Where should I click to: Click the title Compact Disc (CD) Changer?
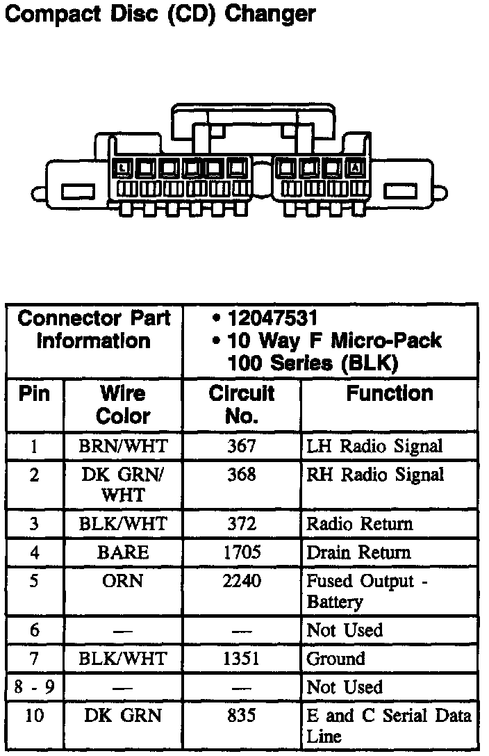point(160,13)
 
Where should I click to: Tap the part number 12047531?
point(272,319)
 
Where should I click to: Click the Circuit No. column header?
point(242,404)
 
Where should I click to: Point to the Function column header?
point(390,394)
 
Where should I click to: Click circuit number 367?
point(242,446)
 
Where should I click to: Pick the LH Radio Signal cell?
point(374,446)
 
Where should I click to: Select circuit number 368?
point(242,475)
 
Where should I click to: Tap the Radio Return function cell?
point(360,524)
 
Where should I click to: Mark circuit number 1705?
point(242,552)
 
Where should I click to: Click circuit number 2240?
point(242,581)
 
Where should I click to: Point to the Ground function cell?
point(335,659)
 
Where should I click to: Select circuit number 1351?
point(242,659)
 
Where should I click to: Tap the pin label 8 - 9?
point(34,687)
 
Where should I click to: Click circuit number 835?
point(242,716)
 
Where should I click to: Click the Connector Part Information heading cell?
point(94,330)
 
